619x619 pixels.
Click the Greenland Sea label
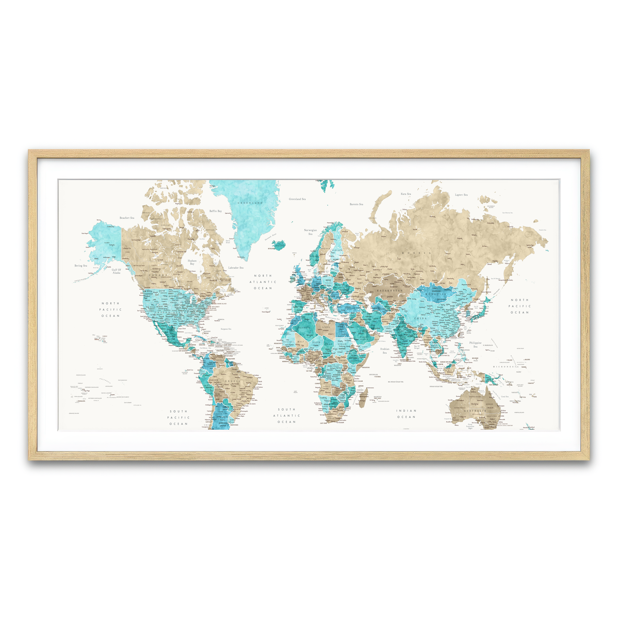(297, 199)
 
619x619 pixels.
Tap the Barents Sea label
(356, 204)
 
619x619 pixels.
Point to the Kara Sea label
(406, 194)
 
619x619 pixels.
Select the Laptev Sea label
(461, 195)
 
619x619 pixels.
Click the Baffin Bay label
(215, 211)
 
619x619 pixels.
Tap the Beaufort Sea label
(126, 218)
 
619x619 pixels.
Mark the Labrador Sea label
(236, 268)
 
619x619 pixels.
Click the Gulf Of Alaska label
(116, 271)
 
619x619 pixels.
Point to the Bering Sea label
(81, 266)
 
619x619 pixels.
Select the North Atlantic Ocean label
(264, 282)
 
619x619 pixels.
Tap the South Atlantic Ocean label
(287, 416)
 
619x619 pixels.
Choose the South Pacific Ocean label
(178, 418)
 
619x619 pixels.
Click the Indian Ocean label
(406, 414)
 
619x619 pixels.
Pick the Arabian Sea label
(384, 350)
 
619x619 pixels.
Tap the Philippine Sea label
(475, 344)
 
